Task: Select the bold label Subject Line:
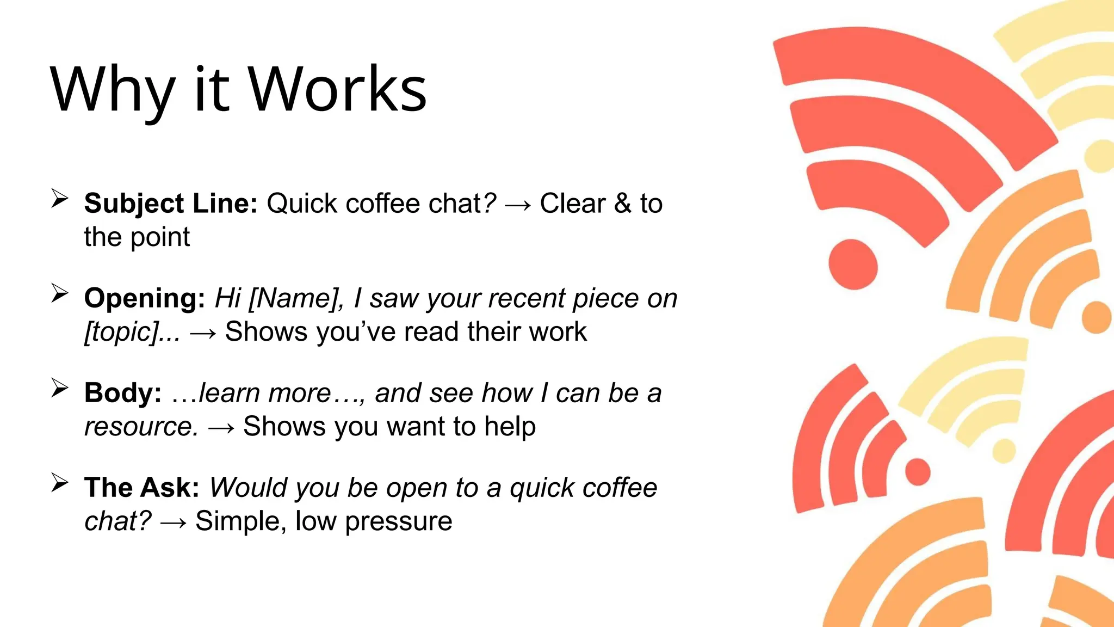[171, 204]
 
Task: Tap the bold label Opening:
[145, 298]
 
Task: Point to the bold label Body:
[123, 393]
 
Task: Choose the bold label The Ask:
[142, 488]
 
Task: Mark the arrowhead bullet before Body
[59, 388]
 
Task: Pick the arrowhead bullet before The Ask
[59, 482]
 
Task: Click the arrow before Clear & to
[518, 205]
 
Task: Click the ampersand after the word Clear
[623, 204]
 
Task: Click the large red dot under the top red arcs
[853, 265]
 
